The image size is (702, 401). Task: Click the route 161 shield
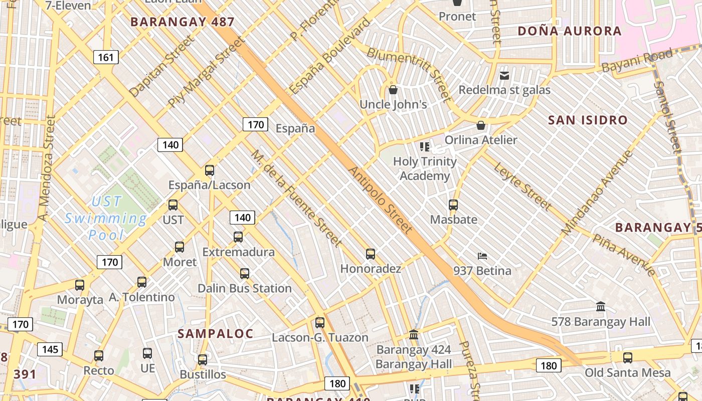(106, 57)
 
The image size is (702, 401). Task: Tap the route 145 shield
(50, 349)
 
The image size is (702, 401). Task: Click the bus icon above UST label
(173, 205)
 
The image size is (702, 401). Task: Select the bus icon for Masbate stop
(453, 205)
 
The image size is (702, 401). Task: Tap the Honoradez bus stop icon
(371, 254)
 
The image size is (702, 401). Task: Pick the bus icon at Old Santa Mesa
(628, 358)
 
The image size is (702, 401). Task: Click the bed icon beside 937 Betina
(482, 256)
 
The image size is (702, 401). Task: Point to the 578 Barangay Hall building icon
(601, 306)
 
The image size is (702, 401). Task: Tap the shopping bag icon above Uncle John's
(393, 90)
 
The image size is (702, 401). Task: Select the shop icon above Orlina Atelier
(481, 125)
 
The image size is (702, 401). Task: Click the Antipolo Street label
(380, 200)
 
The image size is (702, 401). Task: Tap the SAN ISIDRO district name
(588, 120)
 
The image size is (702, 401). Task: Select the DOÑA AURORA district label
(569, 31)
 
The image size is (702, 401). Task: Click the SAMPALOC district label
(216, 334)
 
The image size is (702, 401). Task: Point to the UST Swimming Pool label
(106, 218)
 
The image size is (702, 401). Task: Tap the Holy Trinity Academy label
(425, 168)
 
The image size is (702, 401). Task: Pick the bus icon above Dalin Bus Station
(245, 274)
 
